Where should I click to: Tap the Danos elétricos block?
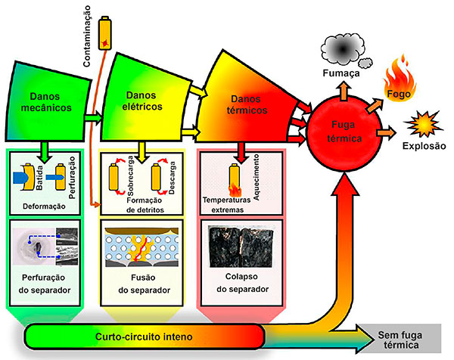pos(144,102)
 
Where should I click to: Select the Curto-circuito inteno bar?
pos(144,334)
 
